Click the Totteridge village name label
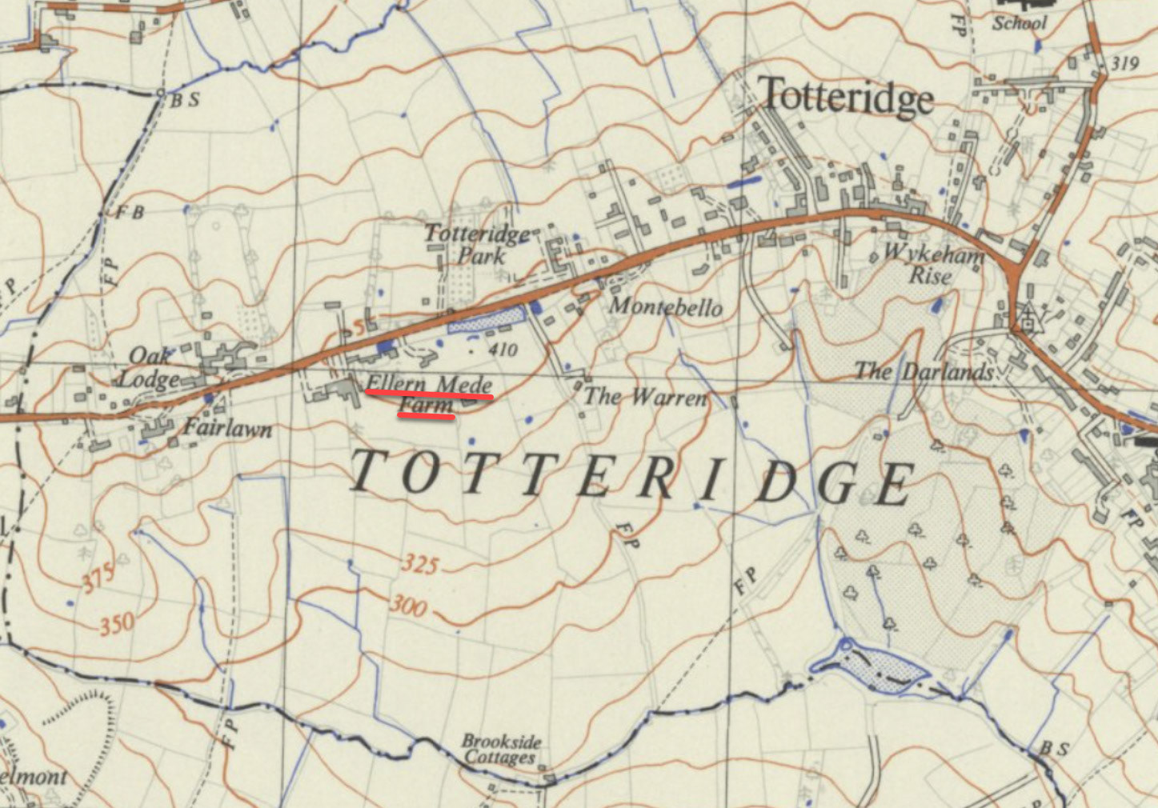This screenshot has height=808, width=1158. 845,97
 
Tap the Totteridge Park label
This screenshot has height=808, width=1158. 478,245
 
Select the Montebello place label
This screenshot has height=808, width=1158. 666,307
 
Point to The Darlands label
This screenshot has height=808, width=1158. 924,371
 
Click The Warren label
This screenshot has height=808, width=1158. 645,397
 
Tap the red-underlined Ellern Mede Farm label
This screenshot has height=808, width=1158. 429,394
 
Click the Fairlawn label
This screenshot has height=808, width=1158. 228,429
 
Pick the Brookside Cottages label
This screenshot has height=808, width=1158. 501,750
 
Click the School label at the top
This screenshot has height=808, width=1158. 1019,23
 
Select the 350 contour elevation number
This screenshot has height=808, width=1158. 117,623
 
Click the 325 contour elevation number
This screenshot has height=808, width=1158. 420,565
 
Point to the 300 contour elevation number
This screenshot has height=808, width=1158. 408,606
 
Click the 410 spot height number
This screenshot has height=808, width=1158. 503,350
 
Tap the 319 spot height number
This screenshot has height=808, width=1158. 1124,62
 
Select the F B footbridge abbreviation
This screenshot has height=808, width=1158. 130,213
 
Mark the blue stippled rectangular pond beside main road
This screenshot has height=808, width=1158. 487,319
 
